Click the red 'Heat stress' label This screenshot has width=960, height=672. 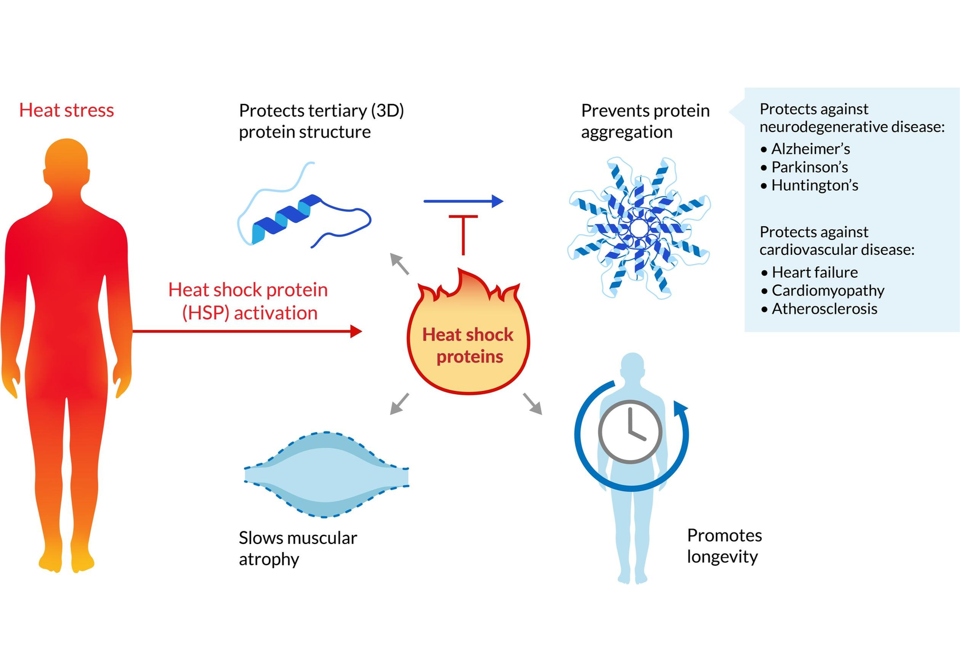[66, 110]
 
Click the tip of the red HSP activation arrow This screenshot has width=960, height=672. [359, 331]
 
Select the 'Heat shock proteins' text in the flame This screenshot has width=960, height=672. [468, 345]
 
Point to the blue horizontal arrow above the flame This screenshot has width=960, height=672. [463, 201]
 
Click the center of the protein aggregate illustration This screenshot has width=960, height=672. [639, 229]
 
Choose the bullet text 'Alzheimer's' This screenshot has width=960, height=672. [810, 149]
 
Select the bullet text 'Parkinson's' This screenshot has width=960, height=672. [809, 167]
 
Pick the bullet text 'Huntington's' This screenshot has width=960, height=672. [814, 186]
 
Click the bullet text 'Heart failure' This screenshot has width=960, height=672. [814, 273]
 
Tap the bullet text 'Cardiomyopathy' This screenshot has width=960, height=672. [827, 291]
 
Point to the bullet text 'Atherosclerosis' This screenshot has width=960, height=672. [824, 309]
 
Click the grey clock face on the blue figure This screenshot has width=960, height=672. [630, 431]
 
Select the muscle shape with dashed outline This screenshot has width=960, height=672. [326, 475]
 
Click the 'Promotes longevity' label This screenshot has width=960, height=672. [724, 546]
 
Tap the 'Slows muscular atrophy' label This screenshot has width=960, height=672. [297, 548]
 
